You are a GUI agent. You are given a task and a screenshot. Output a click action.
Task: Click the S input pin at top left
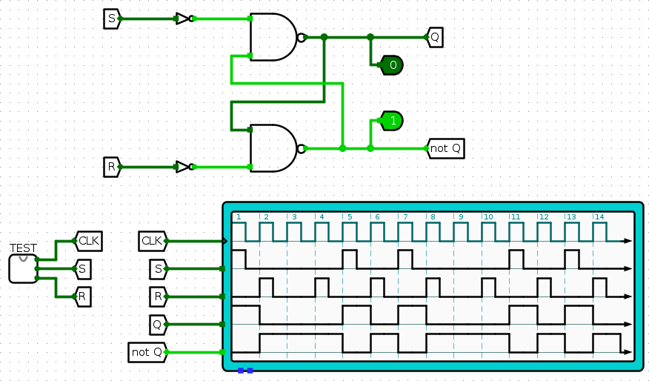111,19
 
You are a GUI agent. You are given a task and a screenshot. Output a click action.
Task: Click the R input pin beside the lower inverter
111,167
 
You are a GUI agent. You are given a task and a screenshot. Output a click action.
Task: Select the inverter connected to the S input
183,19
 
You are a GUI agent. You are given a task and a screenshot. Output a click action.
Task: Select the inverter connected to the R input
183,167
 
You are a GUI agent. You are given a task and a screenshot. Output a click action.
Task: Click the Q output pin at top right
434,36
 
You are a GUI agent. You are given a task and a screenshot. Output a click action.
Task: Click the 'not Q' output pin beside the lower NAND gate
445,148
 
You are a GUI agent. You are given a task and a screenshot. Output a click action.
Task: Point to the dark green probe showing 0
392,65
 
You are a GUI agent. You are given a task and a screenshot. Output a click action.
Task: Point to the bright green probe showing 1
392,120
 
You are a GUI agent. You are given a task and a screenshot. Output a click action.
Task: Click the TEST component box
23,268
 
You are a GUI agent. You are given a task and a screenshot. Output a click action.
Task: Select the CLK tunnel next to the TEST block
88,240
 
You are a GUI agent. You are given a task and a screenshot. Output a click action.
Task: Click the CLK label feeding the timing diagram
151,240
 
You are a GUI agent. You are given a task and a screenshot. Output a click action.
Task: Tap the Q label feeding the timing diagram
157,324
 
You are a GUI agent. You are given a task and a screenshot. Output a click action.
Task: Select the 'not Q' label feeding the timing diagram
147,352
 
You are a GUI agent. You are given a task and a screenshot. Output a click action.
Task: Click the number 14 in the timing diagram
599,217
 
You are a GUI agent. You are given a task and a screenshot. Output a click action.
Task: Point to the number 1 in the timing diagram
239,217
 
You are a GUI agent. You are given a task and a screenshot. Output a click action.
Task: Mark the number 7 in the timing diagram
405,217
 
